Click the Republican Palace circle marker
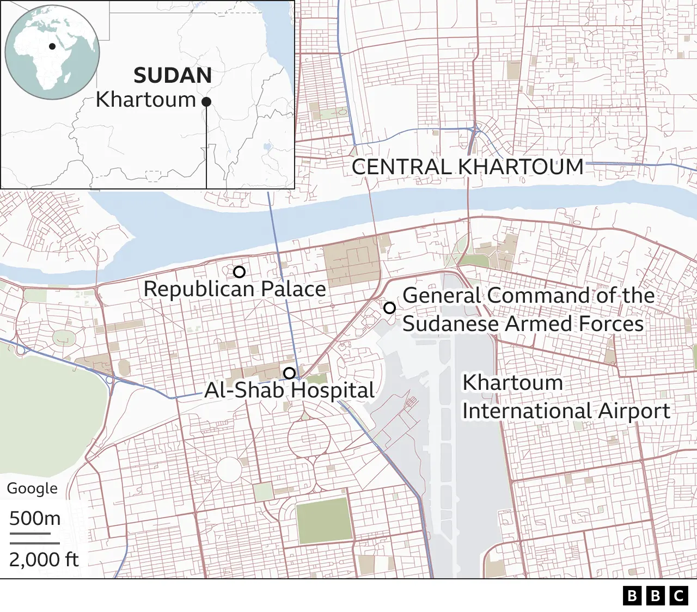tap(239, 272)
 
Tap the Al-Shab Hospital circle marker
tap(290, 373)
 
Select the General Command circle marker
tap(389, 308)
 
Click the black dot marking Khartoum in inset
tap(206, 102)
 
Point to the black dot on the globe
tap(52, 46)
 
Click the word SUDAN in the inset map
tap(173, 76)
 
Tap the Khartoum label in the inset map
tap(146, 100)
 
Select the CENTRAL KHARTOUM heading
tap(467, 167)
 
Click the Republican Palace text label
tap(235, 289)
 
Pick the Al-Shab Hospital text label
tap(289, 390)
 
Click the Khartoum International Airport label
tap(566, 397)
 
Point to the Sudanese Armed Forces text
tap(523, 324)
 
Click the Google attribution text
tap(32, 488)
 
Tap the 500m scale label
tap(35, 518)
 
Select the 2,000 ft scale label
tap(44, 560)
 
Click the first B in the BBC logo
tap(632, 596)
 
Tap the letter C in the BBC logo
tap(679, 596)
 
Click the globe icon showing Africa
tap(52, 52)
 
